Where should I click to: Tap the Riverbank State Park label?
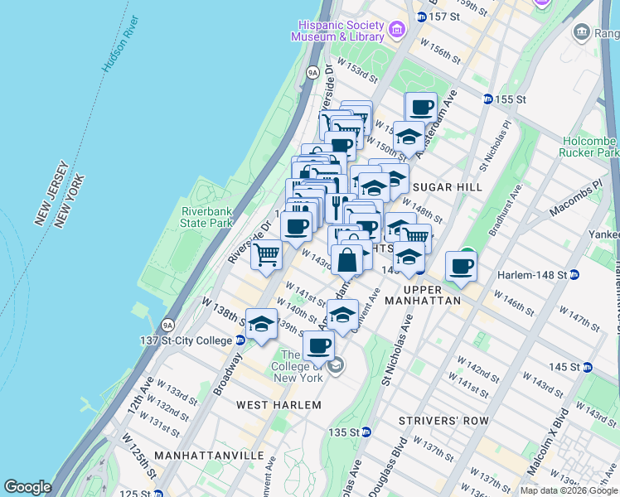[207, 217]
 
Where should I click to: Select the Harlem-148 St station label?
[531, 274]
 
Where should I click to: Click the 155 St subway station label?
[510, 99]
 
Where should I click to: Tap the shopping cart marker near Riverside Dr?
[266, 254]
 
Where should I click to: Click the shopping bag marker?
[347, 259]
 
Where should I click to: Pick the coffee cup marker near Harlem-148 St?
[461, 266]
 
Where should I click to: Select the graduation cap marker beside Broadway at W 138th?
[261, 323]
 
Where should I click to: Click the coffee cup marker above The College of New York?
[318, 345]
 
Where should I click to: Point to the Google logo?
[27, 487]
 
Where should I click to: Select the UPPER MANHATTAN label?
[429, 301]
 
